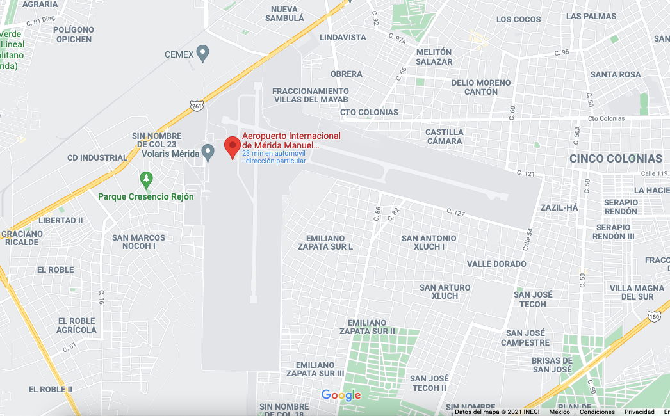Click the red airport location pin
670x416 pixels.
tap(233, 147)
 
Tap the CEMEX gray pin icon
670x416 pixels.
tap(203, 53)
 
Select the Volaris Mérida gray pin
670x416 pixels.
tap(208, 152)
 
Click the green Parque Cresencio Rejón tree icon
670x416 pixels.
tap(147, 179)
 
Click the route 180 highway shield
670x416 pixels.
tap(654, 316)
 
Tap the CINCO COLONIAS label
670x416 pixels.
tap(616, 159)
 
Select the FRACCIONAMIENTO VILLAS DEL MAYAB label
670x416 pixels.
tap(311, 95)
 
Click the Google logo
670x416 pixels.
tap(341, 395)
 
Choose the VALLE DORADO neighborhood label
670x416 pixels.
tap(496, 264)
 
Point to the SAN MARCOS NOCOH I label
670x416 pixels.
tap(138, 242)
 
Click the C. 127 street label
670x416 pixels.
tap(455, 212)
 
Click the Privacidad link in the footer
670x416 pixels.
tap(639, 412)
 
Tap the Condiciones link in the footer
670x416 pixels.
tap(597, 412)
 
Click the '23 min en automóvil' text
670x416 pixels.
tap(274, 154)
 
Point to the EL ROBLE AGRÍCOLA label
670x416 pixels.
tap(77, 325)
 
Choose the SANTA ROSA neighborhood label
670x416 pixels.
tap(616, 74)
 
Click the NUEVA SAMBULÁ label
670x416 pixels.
tap(284, 13)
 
